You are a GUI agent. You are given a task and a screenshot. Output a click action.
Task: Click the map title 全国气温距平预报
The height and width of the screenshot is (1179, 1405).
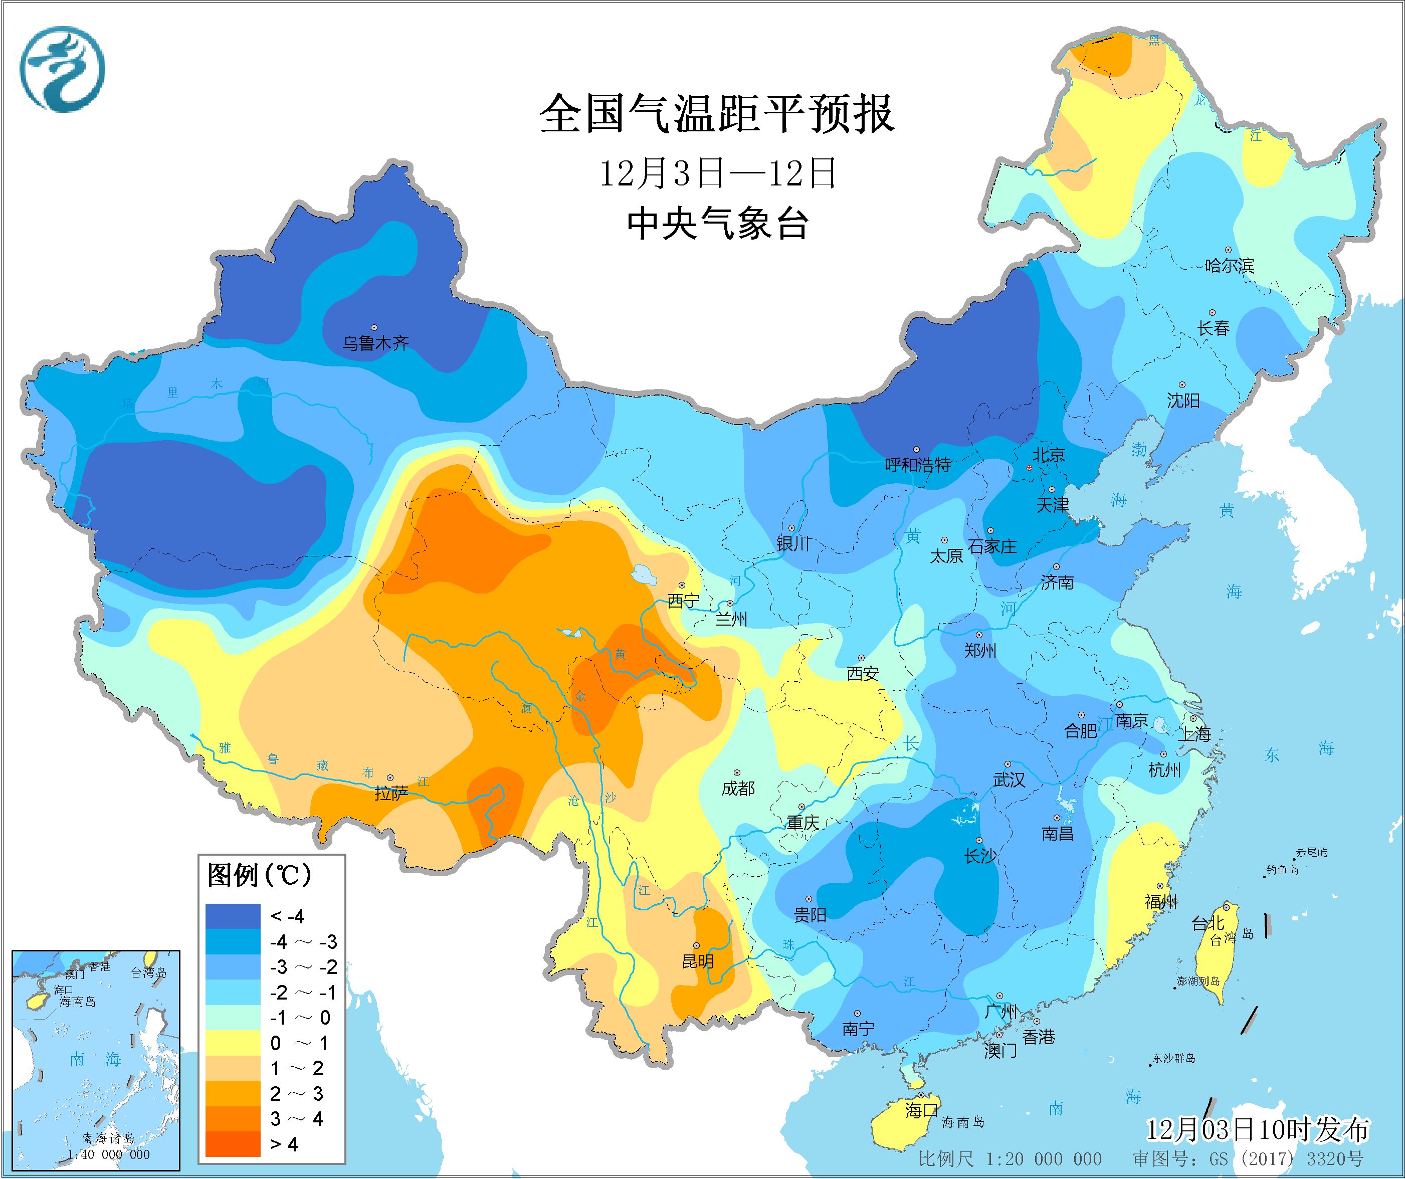point(717,114)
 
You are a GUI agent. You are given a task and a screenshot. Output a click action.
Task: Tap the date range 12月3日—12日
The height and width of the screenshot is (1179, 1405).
point(717,174)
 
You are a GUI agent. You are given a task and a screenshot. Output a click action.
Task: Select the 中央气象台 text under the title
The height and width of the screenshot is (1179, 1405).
point(717,224)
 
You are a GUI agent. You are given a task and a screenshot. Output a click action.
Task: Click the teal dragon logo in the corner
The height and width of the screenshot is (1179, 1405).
point(62,69)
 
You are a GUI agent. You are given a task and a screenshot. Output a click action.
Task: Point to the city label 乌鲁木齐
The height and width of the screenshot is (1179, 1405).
point(375,344)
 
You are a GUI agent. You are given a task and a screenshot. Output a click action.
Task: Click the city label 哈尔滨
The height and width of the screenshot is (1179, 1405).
point(1229,266)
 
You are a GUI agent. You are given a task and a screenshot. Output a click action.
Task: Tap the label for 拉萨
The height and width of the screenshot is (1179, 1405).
point(391,794)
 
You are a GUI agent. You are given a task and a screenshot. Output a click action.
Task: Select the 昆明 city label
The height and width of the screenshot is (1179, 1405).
point(697,961)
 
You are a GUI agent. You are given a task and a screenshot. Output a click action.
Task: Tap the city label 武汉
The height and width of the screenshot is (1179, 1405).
point(1008,780)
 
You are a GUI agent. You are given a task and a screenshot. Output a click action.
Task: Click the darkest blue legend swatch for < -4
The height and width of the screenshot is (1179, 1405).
point(232,916)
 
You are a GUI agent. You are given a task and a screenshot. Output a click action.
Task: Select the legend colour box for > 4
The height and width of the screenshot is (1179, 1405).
point(232,1143)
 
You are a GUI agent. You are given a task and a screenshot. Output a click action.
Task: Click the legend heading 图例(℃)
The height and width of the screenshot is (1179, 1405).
point(260,875)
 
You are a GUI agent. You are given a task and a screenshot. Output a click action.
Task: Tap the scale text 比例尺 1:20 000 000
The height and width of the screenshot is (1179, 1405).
point(1010,1159)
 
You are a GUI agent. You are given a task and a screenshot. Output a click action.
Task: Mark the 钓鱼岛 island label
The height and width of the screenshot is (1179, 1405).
point(1282,870)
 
